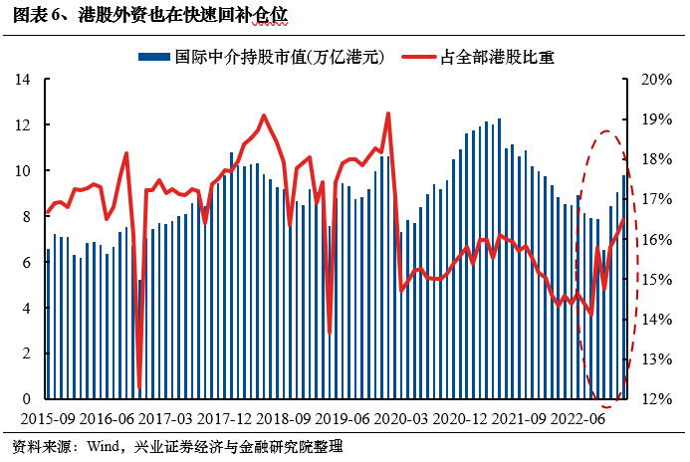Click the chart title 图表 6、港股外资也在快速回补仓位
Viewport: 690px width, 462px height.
pyautogui.click(x=150, y=15)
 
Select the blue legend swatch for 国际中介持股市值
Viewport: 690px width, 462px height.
pyautogui.click(x=154, y=57)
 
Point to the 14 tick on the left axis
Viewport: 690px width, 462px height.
pyautogui.click(x=23, y=80)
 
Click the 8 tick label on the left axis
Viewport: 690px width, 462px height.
pyautogui.click(x=27, y=216)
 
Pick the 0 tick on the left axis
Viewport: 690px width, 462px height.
pyautogui.click(x=27, y=398)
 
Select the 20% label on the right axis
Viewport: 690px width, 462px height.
pyautogui.click(x=656, y=80)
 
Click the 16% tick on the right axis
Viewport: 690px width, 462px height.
pyautogui.click(x=656, y=239)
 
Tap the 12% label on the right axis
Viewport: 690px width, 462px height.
pyautogui.click(x=656, y=399)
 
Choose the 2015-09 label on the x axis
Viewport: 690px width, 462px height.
pyautogui.click(x=48, y=418)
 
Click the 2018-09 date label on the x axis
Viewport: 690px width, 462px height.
pyautogui.click(x=284, y=418)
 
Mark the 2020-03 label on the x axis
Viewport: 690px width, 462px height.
pyautogui.click(x=401, y=418)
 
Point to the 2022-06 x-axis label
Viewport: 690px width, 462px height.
pyautogui.click(x=577, y=418)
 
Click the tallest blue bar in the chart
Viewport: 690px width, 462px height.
pyautogui.click(x=499, y=259)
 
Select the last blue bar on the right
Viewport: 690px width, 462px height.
pyautogui.click(x=623, y=287)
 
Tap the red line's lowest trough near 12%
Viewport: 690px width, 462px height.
pyautogui.click(x=139, y=387)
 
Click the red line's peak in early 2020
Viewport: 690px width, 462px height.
pyautogui.click(x=388, y=114)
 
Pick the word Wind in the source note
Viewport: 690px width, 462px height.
pyautogui.click(x=104, y=447)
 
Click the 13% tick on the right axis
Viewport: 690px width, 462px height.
pyautogui.click(x=656, y=359)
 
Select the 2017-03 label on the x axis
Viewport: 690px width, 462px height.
pyautogui.click(x=165, y=418)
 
